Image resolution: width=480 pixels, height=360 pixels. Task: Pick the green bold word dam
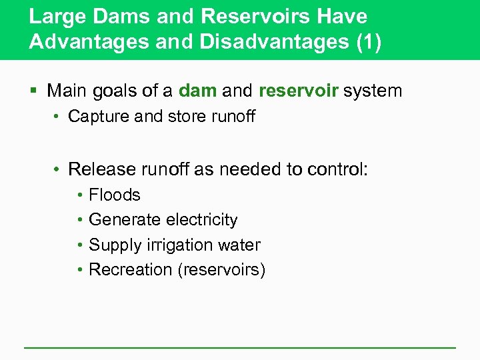197,91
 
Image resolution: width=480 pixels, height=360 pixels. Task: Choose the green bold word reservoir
299,91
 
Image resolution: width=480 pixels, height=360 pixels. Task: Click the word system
373,91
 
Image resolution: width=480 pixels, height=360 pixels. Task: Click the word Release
98,169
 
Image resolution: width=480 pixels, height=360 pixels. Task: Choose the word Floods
115,195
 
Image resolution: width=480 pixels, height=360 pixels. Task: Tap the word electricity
199,220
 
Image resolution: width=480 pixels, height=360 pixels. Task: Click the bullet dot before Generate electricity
80,220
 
